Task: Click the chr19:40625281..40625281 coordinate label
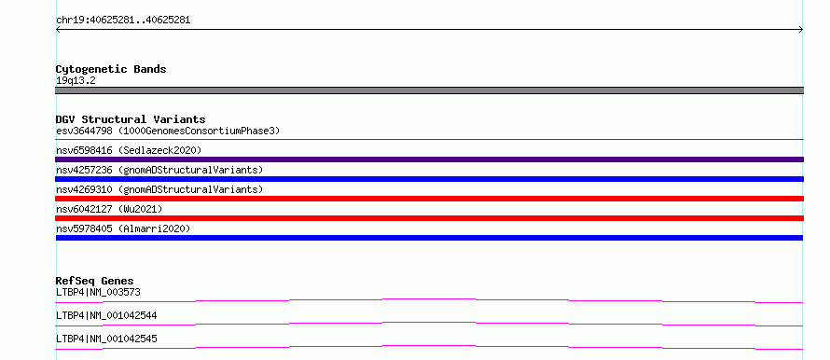pos(123,21)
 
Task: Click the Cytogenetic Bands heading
pos(111,69)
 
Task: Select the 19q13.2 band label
pos(76,81)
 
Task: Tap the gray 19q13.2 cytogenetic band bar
pos(429,90)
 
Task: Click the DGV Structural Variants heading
pos(131,119)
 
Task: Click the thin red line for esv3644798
pos(429,139)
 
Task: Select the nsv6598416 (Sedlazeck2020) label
pos(129,150)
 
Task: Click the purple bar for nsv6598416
pos(429,159)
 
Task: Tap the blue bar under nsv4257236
pos(429,179)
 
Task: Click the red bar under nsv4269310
pos(429,199)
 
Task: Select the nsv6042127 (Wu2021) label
pos(109,209)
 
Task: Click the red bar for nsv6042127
pos(429,218)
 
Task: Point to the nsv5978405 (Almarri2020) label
pos(123,228)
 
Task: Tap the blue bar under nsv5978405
pos(429,238)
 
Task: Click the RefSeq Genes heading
pos(95,281)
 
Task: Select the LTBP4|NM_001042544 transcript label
pos(106,315)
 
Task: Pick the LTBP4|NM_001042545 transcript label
pos(106,339)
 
